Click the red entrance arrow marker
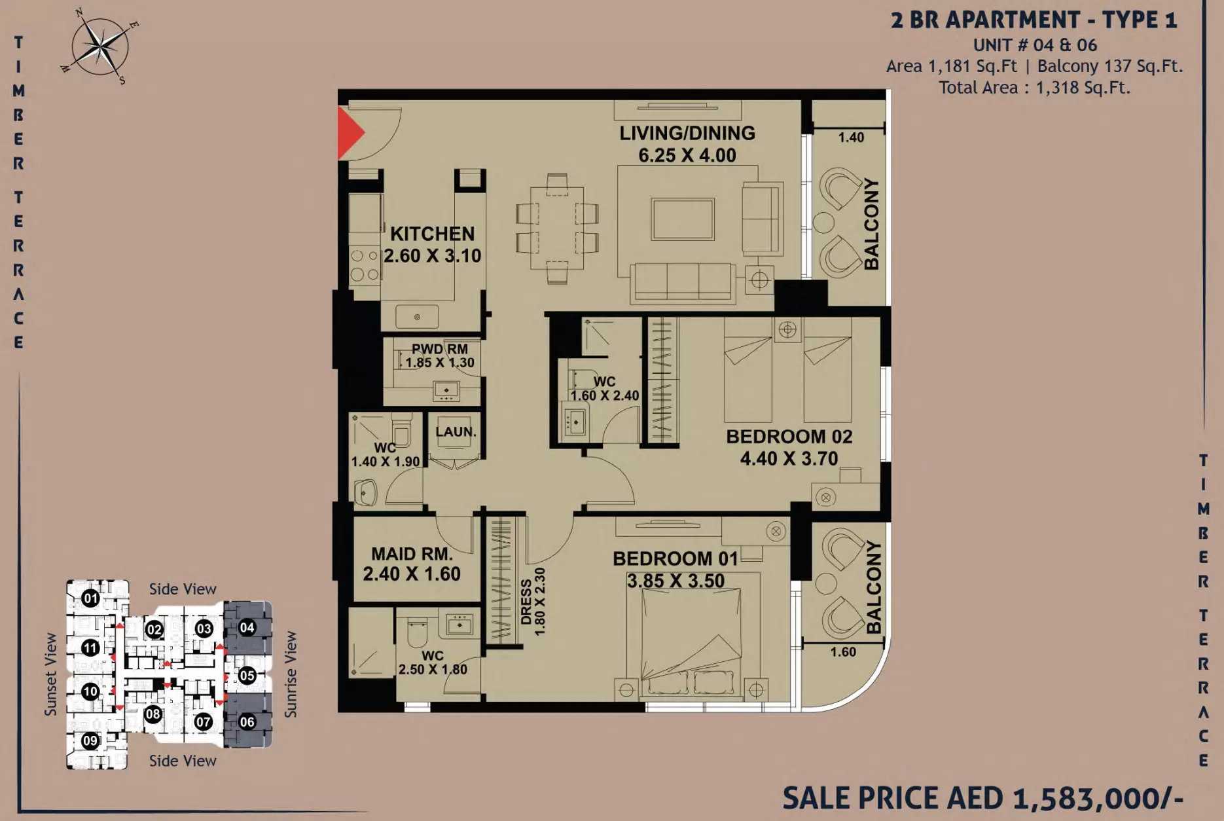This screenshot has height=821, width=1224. pos(349,133)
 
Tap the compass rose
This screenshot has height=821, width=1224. pos(100,47)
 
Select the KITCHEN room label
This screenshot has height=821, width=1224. pos(433,234)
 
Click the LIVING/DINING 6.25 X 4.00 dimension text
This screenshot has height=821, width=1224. pos(687,155)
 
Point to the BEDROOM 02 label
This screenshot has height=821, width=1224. pos(789,437)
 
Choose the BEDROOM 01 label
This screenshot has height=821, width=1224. pos(675,558)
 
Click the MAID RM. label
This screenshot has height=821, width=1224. pos(412,554)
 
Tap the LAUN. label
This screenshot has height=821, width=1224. pos(456,432)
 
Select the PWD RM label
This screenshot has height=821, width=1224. pos(440,349)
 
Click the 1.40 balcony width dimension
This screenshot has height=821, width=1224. pos(851,137)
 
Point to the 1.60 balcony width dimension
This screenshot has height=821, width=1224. pos(843,652)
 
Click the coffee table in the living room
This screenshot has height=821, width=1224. pos(683,219)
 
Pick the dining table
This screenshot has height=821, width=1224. pos(557,228)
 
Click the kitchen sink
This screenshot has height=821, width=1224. pos(417,317)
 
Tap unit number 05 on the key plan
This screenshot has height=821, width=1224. pos(247,675)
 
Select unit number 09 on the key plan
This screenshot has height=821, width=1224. pos(90,740)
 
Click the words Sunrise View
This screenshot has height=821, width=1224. pos(291,674)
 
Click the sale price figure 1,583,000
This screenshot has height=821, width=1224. pos(1098,798)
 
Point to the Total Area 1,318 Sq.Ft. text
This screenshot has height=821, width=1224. pos(1034,88)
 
